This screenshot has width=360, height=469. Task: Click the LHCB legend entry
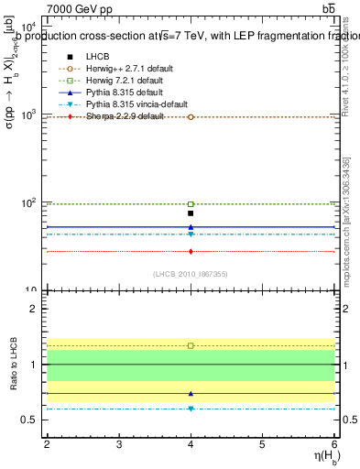(97, 57)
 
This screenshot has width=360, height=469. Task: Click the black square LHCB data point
(191, 213)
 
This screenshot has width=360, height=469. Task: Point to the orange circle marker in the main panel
(191, 117)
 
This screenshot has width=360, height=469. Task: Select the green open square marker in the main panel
(191, 204)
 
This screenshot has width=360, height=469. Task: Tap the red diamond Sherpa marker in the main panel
(191, 251)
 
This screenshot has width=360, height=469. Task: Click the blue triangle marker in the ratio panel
(191, 394)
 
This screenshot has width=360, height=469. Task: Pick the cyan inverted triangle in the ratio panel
(191, 409)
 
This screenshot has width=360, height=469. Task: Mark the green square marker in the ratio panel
(191, 345)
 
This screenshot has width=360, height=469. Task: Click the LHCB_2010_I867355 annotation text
(191, 274)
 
